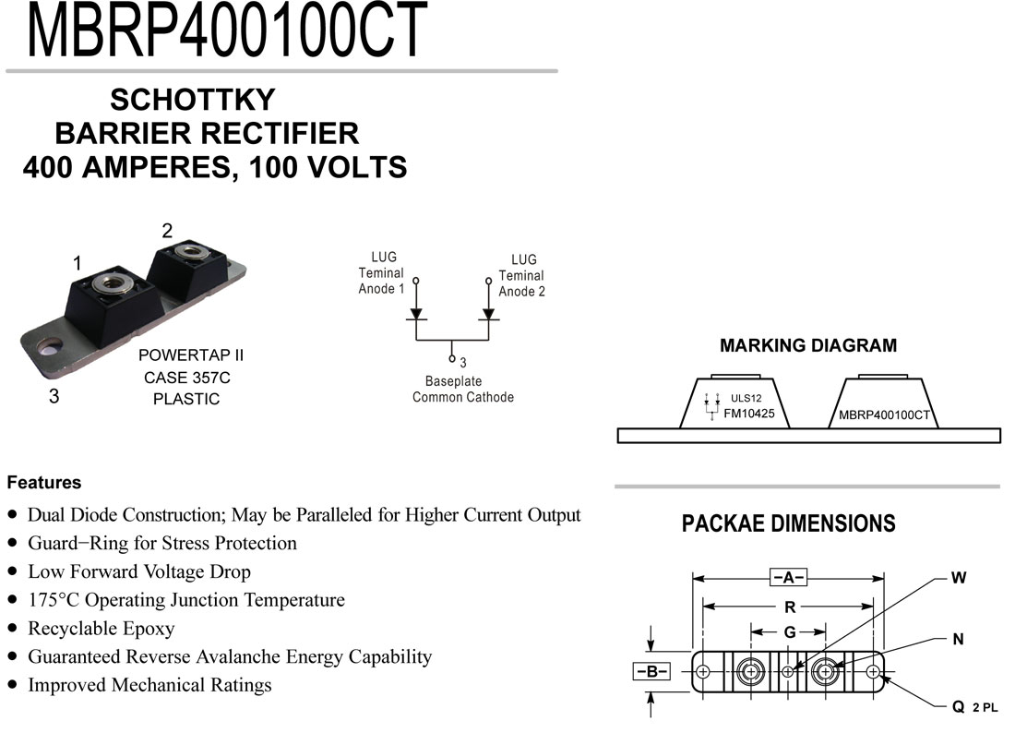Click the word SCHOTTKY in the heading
click(193, 100)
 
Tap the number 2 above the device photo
click(167, 231)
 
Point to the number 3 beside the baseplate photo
click(54, 396)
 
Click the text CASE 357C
click(187, 378)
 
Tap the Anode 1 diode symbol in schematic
click(415, 315)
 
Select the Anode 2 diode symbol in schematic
click(489, 315)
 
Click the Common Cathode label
click(463, 397)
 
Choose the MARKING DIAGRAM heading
click(808, 345)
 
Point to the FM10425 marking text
click(749, 414)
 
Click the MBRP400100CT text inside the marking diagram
click(884, 415)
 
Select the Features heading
click(44, 483)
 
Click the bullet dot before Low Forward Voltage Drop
click(13, 571)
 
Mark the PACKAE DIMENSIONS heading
click(788, 523)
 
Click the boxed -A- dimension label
click(788, 577)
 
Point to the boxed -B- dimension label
click(651, 671)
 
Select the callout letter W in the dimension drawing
click(959, 578)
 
